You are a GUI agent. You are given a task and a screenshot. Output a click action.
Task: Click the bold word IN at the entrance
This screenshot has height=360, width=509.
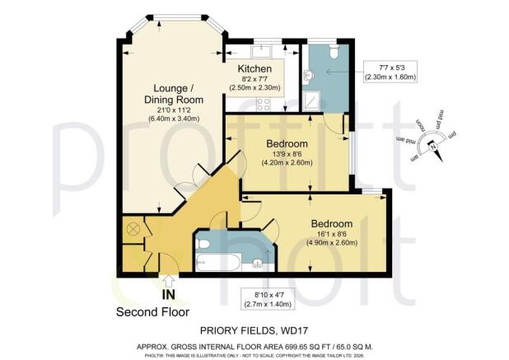[x=168, y=294]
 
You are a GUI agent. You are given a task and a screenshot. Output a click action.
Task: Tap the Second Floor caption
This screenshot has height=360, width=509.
[x=152, y=311]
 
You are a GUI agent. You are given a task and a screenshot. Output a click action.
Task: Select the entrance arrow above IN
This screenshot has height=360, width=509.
[x=169, y=281]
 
